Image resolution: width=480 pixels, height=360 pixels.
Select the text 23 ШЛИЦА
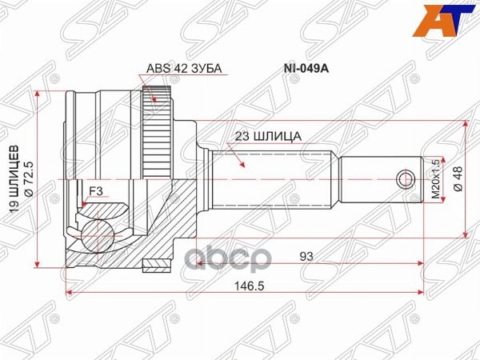[x=268, y=136]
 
